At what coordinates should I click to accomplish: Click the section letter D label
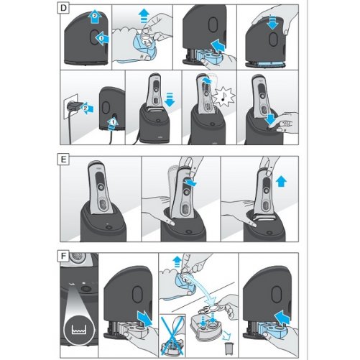[x=63, y=8]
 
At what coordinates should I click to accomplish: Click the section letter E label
[x=63, y=160]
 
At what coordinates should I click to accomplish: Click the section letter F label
[x=63, y=256]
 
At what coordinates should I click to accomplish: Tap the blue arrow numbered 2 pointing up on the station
[x=95, y=17]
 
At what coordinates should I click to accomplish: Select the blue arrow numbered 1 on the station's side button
[x=102, y=38]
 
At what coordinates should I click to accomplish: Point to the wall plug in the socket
[x=74, y=106]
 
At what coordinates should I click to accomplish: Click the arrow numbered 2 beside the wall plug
[x=86, y=109]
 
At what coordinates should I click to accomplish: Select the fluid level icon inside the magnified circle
[x=79, y=329]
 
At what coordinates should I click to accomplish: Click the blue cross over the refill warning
[x=172, y=335]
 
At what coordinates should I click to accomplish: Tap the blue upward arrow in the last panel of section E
[x=281, y=181]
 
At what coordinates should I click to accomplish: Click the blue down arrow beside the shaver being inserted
[x=170, y=99]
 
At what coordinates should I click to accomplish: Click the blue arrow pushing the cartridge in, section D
[x=218, y=45]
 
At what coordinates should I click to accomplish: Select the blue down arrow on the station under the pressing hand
[x=272, y=22]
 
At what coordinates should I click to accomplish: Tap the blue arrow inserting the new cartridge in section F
[x=282, y=318]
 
